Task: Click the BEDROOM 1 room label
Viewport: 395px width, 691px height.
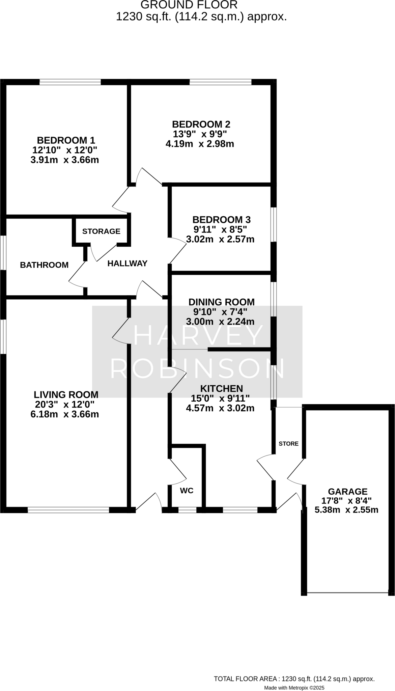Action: point(66,140)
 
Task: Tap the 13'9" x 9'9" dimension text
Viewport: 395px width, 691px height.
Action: point(200,134)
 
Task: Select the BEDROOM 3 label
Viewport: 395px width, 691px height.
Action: point(221,220)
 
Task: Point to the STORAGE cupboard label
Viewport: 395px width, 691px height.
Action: point(101,231)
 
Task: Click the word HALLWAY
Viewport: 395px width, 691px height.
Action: point(127,264)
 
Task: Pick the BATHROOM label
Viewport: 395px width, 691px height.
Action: point(44,265)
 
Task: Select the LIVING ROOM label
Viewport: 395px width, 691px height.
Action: point(66,394)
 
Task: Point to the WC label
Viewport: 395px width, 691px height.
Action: point(187,491)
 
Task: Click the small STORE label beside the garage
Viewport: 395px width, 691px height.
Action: point(288,443)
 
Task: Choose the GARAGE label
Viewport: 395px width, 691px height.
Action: point(347,492)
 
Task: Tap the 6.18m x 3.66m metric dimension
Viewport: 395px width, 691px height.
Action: point(64,414)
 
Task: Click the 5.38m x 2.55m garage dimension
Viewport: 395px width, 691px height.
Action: point(346,510)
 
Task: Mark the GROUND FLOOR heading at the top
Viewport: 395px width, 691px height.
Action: point(189,5)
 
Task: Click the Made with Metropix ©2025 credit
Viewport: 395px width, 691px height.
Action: point(294,687)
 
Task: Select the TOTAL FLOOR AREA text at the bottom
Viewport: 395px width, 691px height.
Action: point(294,679)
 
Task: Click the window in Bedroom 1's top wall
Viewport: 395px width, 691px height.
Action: point(70,82)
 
